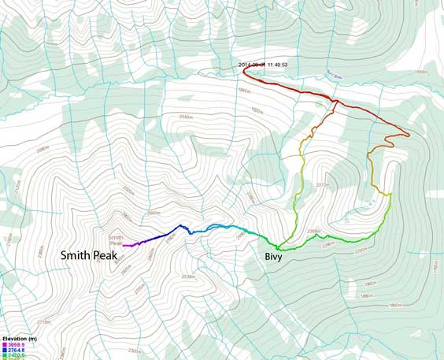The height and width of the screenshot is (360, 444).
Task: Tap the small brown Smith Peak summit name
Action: coord(115,240)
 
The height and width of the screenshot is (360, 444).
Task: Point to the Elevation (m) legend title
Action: coord(20,338)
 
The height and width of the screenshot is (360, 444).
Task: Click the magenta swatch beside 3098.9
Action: coord(5,345)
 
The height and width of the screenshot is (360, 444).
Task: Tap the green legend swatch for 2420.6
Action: coord(5,356)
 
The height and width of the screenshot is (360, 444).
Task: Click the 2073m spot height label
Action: coord(320,185)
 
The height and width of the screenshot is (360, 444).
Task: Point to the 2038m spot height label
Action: coord(188,276)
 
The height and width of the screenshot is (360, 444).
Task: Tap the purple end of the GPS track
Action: coord(125,246)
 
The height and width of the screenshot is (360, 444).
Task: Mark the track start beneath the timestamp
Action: coord(243,70)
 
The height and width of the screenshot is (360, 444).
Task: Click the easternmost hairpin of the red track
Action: coord(409,135)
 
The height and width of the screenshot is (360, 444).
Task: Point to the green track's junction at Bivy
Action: coord(278,247)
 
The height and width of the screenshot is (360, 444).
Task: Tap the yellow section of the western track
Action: coord(302,169)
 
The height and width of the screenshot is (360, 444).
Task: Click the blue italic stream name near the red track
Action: coord(337,75)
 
